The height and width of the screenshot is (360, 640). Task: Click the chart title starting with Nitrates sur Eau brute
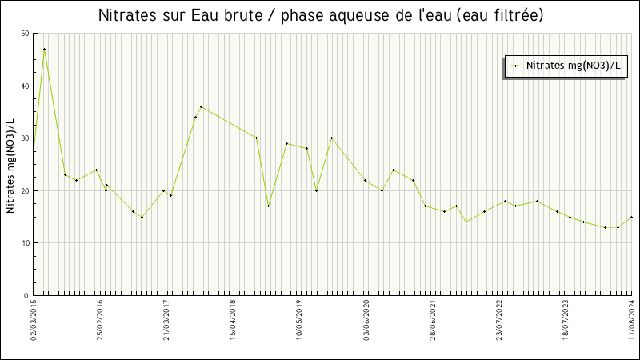coord(320,15)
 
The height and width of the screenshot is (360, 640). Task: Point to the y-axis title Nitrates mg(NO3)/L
coord(10,165)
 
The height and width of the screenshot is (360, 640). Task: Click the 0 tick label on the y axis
coord(26,296)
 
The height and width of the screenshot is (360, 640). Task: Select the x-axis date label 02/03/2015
coord(34,320)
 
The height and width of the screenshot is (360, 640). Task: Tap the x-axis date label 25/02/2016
coord(101,320)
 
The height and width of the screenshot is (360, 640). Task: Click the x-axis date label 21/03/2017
coord(167,320)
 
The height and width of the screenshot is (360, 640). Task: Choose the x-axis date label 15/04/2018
coord(234,320)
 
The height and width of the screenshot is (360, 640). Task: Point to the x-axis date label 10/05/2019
coord(300,320)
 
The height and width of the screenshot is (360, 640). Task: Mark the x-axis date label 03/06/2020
coord(366,320)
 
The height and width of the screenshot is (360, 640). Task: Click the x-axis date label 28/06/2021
coord(433,320)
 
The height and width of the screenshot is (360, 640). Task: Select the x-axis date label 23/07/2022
coord(499,320)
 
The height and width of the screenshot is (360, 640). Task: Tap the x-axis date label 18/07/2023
coord(566,320)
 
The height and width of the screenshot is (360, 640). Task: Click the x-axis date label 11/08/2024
coord(632,320)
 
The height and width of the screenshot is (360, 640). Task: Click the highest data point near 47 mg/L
coord(44,49)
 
